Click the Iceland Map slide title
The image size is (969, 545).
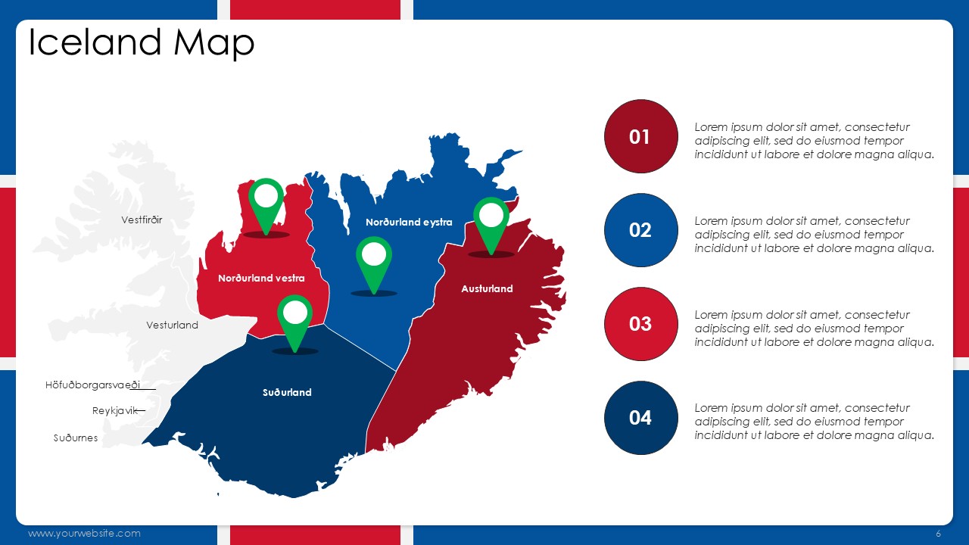coord(142,43)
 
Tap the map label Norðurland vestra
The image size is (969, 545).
coord(261,278)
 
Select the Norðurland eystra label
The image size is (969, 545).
coord(409,223)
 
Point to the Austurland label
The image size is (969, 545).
coord(487,289)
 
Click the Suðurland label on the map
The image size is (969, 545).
coord(287,392)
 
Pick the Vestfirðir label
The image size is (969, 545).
coord(142,220)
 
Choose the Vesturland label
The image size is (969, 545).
coord(172,325)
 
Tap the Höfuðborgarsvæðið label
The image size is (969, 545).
coord(92,385)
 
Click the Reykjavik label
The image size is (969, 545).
coord(114,410)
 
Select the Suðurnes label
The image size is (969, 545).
coord(76,438)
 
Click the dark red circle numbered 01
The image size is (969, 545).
coord(640,137)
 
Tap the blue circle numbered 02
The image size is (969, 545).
coord(640,230)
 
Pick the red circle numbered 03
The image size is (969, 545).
coord(640,324)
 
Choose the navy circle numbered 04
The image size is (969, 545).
coord(640,418)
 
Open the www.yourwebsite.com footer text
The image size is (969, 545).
coord(84,534)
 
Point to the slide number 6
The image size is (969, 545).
coord(938,534)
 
